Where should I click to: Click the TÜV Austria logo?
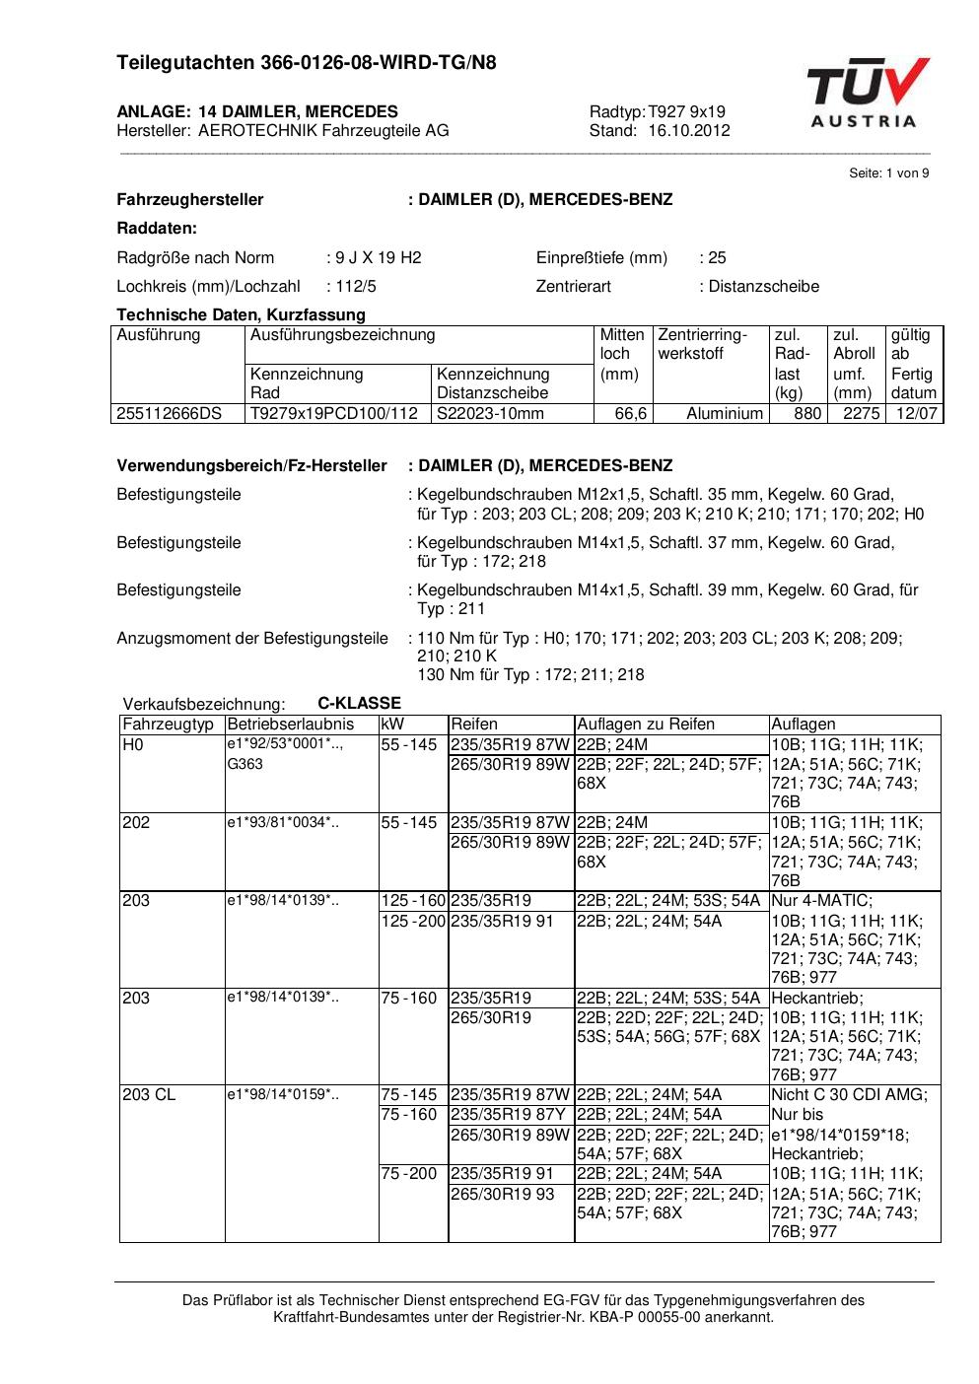tap(867, 93)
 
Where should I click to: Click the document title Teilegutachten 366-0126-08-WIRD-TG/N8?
tap(307, 63)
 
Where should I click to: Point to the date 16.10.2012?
tap(689, 131)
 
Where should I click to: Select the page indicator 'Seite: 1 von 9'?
tap(888, 173)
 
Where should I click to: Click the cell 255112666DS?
tap(170, 414)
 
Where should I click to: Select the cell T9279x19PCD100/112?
tap(334, 414)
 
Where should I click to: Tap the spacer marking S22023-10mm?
tap(490, 414)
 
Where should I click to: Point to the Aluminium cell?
tap(725, 414)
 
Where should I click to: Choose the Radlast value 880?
tap(807, 414)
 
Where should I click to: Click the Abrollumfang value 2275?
tap(861, 414)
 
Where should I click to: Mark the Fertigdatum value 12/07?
tap(916, 414)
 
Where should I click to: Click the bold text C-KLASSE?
tap(359, 704)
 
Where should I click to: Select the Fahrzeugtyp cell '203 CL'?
tap(149, 1095)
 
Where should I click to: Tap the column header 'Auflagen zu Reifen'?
tap(645, 725)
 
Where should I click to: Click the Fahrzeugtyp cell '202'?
tap(136, 823)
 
